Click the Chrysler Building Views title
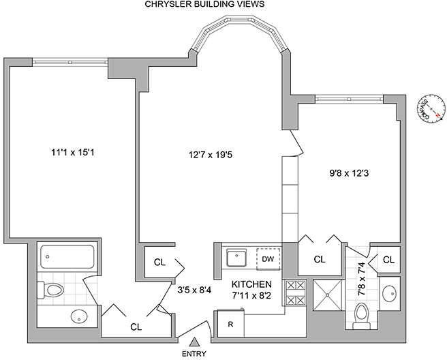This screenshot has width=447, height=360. pyautogui.click(x=204, y=5)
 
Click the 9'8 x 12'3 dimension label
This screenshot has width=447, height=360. pyautogui.click(x=348, y=173)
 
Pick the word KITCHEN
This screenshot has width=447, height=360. pyautogui.click(x=251, y=284)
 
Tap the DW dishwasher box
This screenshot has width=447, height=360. pyautogui.click(x=268, y=259)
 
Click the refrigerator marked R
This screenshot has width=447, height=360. pyautogui.click(x=230, y=324)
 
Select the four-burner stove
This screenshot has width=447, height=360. pyautogui.click(x=295, y=292)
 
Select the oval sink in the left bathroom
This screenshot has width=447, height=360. pyautogui.click(x=80, y=317)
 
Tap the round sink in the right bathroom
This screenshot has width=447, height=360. pyautogui.click(x=390, y=294)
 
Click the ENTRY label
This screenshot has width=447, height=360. pyautogui.click(x=194, y=354)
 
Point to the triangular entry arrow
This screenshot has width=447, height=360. pyautogui.click(x=194, y=342)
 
